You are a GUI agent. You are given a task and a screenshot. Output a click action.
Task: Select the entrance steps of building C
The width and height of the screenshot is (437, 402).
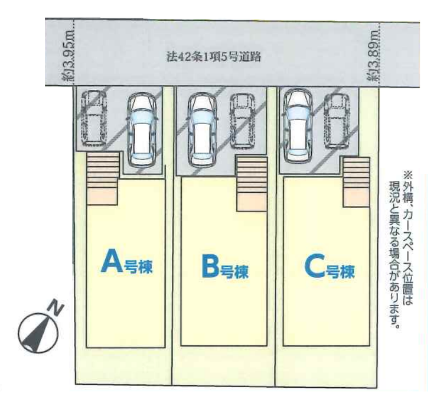356,181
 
